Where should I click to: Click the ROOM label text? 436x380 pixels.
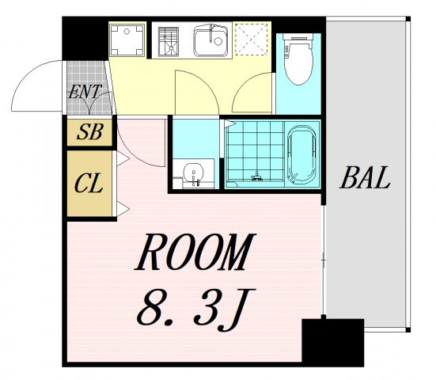pos(195,252)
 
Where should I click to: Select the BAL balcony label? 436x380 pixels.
pos(365,177)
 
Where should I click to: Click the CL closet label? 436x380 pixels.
pos(89,184)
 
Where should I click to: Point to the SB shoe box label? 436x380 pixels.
pos(90,131)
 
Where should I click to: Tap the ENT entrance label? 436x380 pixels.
pos(85,92)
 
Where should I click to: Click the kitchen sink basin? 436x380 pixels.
pos(210,41)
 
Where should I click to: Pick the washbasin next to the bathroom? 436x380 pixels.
pos(194,173)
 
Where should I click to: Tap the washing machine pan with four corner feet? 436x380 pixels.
pos(127,40)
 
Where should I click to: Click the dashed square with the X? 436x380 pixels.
pos(251,40)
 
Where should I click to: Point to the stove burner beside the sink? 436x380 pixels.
pos(169,42)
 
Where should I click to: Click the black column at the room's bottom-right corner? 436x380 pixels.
pos(333,343)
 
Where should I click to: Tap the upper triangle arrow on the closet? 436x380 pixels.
pos(123,159)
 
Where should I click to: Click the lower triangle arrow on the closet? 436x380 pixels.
pos(123,209)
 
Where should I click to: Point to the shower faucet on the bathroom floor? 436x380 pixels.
pos(256,177)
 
